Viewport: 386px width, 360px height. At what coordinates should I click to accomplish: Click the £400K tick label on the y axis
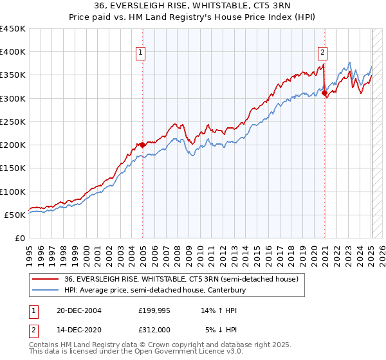13,52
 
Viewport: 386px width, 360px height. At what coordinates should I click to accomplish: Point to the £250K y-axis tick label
13,122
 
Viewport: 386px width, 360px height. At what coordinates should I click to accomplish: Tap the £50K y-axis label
15,215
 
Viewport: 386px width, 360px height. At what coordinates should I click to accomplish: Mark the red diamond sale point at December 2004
142,145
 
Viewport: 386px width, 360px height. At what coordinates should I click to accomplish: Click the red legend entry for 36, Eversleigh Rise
181,280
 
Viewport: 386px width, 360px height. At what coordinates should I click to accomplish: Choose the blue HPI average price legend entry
155,291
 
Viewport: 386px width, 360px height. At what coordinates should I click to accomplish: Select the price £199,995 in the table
154,310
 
